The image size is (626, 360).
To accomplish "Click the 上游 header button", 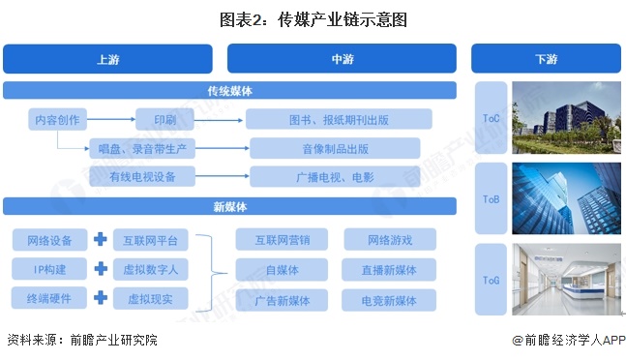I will point(107,59).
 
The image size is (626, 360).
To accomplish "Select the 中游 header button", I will point(342,59).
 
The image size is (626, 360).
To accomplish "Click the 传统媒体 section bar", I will point(229,91).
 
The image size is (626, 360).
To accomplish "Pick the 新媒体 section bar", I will point(229,206).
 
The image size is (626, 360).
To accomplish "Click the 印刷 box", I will point(164,120).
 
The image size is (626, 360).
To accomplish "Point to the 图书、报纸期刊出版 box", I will point(338,120).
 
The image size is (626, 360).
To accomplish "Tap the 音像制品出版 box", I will point(335,148).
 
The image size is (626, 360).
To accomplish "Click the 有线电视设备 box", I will point(139,177).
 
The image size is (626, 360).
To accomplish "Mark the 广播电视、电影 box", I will point(335,177).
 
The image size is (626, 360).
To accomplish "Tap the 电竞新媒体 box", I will point(390,299).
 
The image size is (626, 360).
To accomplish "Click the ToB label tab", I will point(492,200).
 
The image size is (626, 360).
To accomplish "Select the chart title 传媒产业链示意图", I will point(313,17).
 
